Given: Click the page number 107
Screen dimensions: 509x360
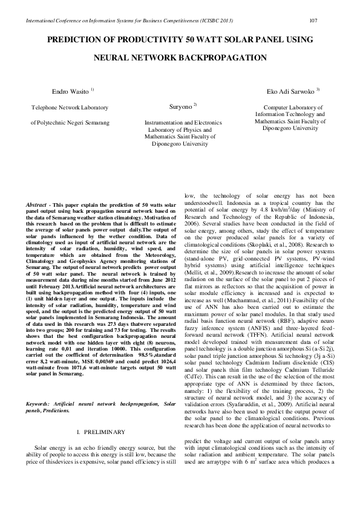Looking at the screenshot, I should click(313, 21).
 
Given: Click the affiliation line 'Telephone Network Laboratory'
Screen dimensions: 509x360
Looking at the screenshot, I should click(70, 108).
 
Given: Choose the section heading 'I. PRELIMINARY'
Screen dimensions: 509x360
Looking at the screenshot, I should click(102, 432).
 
